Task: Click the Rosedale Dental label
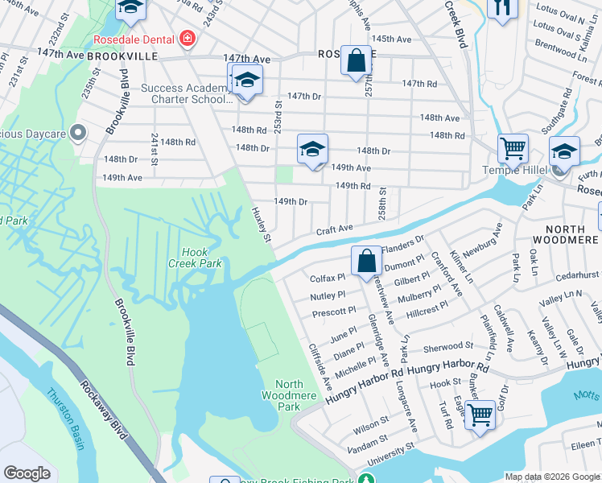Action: (x=135, y=39)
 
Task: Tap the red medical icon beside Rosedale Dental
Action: (x=188, y=39)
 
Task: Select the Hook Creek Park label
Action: (x=194, y=257)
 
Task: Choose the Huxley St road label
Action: (x=259, y=219)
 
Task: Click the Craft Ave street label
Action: (x=334, y=229)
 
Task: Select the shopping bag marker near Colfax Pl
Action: (x=366, y=261)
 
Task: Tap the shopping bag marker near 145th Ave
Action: (x=355, y=60)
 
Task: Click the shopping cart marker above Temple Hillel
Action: (x=512, y=148)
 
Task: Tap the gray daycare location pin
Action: (x=78, y=131)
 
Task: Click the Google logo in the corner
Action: (x=27, y=473)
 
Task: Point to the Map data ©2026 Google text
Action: (x=551, y=477)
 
